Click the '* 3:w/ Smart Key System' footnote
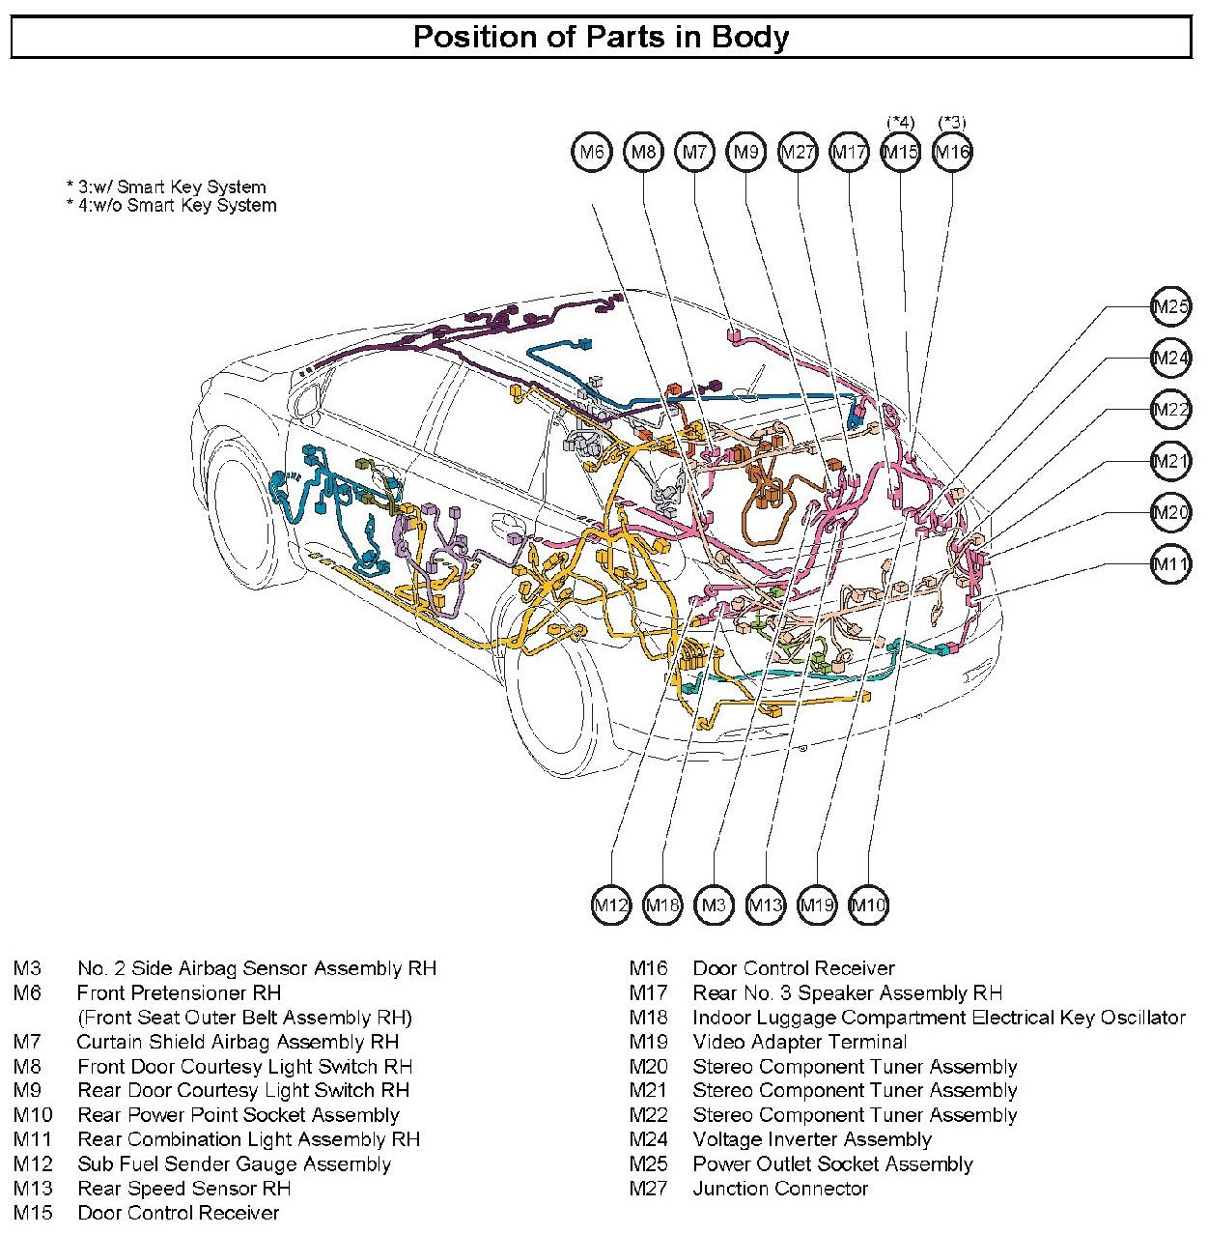tap(166, 187)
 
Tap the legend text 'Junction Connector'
tap(780, 1189)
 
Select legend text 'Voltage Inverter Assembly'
tap(811, 1139)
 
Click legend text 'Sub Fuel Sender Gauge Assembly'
tap(234, 1163)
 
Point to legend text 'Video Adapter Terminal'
tap(800, 1042)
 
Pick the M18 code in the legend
tap(648, 1018)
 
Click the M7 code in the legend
tap(27, 1042)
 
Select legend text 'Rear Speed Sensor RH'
tap(183, 1189)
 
